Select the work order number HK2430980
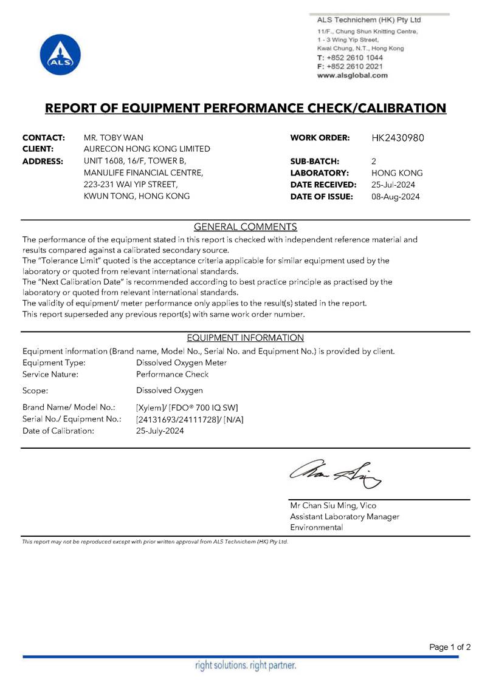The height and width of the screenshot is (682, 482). click(x=398, y=138)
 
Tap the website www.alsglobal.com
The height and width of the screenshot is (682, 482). click(x=352, y=75)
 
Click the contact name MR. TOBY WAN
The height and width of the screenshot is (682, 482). click(x=114, y=138)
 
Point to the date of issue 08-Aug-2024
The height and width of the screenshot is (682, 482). click(x=395, y=196)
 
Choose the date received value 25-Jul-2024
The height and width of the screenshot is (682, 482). click(x=393, y=185)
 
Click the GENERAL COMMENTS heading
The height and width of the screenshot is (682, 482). click(x=245, y=227)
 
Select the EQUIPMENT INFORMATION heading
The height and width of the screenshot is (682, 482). click(x=245, y=338)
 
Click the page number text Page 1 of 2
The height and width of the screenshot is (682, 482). click(x=450, y=647)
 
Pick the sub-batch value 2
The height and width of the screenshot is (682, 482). click(x=373, y=161)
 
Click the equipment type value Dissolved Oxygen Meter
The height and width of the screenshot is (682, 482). click(x=182, y=363)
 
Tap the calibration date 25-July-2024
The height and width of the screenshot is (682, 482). click(x=160, y=431)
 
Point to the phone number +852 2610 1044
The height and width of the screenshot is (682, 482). click(x=354, y=57)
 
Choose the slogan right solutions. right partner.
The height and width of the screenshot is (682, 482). click(x=245, y=666)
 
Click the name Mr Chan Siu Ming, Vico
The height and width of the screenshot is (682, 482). click(x=333, y=505)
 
